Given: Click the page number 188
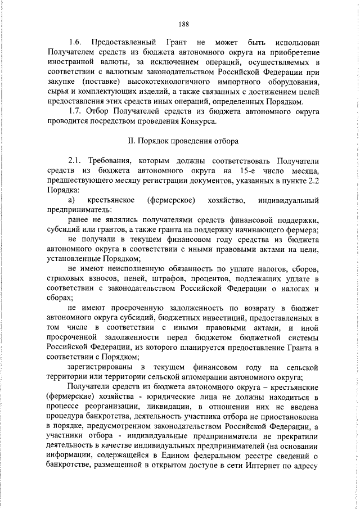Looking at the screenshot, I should (x=183, y=23).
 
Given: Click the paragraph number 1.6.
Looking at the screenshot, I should (x=75, y=42).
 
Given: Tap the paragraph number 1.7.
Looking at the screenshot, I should (x=74, y=111).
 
